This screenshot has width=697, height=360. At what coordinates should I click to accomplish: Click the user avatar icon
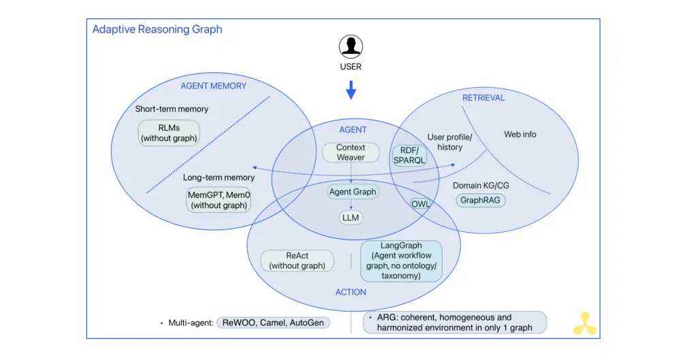pyautogui.click(x=351, y=47)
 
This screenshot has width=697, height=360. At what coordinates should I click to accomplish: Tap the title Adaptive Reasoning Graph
pyautogui.click(x=157, y=29)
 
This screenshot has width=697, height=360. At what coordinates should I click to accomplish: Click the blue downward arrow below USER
pyautogui.click(x=351, y=90)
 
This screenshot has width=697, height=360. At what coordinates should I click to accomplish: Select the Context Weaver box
pyautogui.click(x=351, y=152)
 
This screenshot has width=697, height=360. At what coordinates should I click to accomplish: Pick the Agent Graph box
pyautogui.click(x=352, y=192)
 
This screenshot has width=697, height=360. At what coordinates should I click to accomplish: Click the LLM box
pyautogui.click(x=351, y=218)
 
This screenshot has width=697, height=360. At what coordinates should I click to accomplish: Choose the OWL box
pyautogui.click(x=420, y=203)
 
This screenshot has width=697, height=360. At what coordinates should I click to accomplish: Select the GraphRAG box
pyautogui.click(x=481, y=201)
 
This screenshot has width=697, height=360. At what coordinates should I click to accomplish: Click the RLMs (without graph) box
pyautogui.click(x=169, y=133)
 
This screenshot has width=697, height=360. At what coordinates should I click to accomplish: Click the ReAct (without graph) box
pyautogui.click(x=297, y=261)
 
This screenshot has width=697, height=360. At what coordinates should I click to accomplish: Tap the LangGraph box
pyautogui.click(x=402, y=261)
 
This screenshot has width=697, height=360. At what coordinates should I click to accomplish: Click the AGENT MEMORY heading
pyautogui.click(x=213, y=86)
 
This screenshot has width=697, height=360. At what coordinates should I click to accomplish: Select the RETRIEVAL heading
pyautogui.click(x=483, y=97)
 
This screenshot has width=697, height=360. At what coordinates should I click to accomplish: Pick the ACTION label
pyautogui.click(x=351, y=292)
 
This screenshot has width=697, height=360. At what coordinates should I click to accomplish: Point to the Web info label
pyautogui.click(x=520, y=135)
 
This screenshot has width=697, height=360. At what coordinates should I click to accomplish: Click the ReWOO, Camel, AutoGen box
pyautogui.click(x=273, y=323)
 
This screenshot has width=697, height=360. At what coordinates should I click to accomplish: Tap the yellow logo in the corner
pyautogui.click(x=585, y=324)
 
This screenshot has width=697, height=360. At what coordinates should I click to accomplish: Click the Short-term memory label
pyautogui.click(x=172, y=109)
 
